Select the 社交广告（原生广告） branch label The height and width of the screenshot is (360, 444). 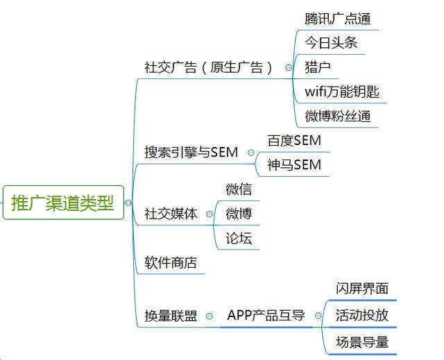(x=208, y=68)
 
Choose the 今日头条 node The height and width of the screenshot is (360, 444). (x=331, y=43)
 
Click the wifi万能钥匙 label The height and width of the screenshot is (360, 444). (x=342, y=92)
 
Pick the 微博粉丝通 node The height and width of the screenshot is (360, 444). (x=337, y=116)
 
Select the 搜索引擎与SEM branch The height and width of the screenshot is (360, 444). (x=191, y=152)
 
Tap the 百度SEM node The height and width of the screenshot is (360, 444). (x=294, y=141)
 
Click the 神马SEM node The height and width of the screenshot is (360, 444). (x=294, y=165)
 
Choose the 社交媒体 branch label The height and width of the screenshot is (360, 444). (x=171, y=213)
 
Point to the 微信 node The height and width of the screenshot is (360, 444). (x=239, y=189)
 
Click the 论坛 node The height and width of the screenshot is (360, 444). (x=239, y=239)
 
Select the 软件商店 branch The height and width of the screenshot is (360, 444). (x=171, y=263)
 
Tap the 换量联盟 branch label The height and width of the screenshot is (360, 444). (x=171, y=316)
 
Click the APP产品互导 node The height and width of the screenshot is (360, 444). (x=266, y=316)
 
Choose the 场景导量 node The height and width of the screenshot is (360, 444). (x=362, y=341)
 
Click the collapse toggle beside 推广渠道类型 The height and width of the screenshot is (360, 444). (x=128, y=203)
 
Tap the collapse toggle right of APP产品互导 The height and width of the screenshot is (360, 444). (x=318, y=316)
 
